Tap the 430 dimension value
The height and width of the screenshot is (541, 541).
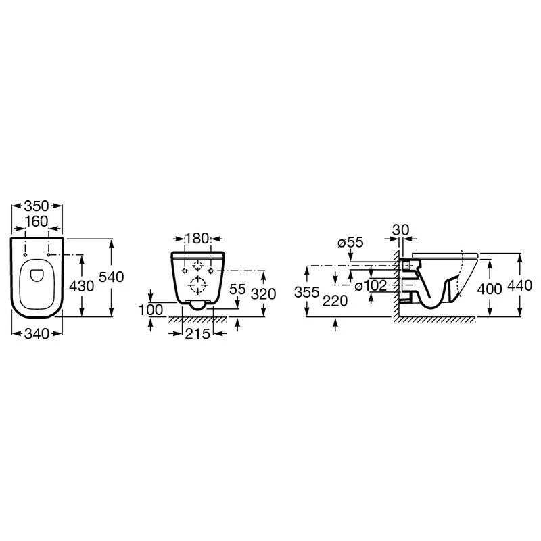[81, 286]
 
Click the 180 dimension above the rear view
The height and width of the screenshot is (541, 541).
[197, 239]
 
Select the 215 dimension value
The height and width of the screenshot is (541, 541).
[197, 333]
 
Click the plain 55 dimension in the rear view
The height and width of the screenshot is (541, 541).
[237, 289]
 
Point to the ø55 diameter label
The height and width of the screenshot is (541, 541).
[350, 242]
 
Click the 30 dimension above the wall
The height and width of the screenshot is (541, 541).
[402, 230]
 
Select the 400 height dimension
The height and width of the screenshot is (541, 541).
[489, 289]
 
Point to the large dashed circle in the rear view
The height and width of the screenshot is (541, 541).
[197, 286]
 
